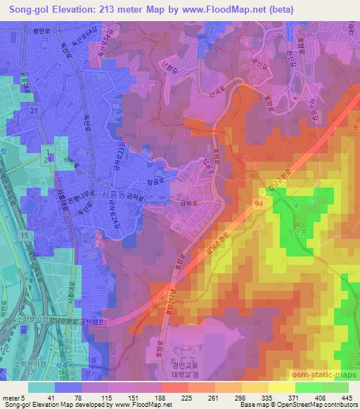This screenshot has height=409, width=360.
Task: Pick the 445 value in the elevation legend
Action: pyautogui.click(x=345, y=397)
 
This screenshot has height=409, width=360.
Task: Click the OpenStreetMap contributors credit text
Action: pyautogui.click(x=317, y=405)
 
